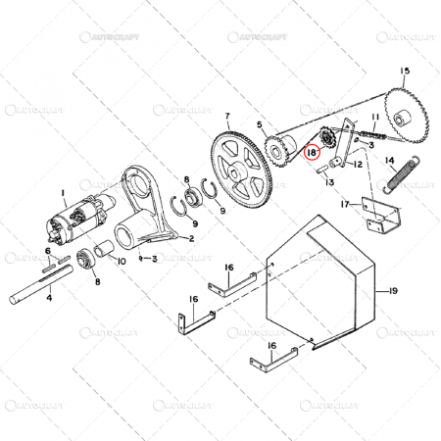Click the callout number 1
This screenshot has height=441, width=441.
pyautogui.click(x=63, y=192)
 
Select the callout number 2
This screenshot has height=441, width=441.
pyautogui.click(x=191, y=238)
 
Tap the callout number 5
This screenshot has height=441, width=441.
pyautogui.click(x=260, y=124)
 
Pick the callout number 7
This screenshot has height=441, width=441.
pyautogui.click(x=227, y=117)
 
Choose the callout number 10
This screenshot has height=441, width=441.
pyautogui.click(x=121, y=262)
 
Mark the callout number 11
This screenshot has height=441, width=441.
pyautogui.click(x=373, y=118)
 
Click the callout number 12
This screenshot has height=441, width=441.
pyautogui.click(x=358, y=165)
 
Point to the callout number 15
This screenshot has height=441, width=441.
pyautogui.click(x=405, y=71)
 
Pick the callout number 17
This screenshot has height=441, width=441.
pyautogui.click(x=345, y=205)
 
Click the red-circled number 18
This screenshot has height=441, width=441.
pyautogui.click(x=312, y=153)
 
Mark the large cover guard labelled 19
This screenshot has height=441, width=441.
pyautogui.click(x=323, y=279)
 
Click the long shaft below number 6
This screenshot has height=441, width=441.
pyautogui.click(x=49, y=292)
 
